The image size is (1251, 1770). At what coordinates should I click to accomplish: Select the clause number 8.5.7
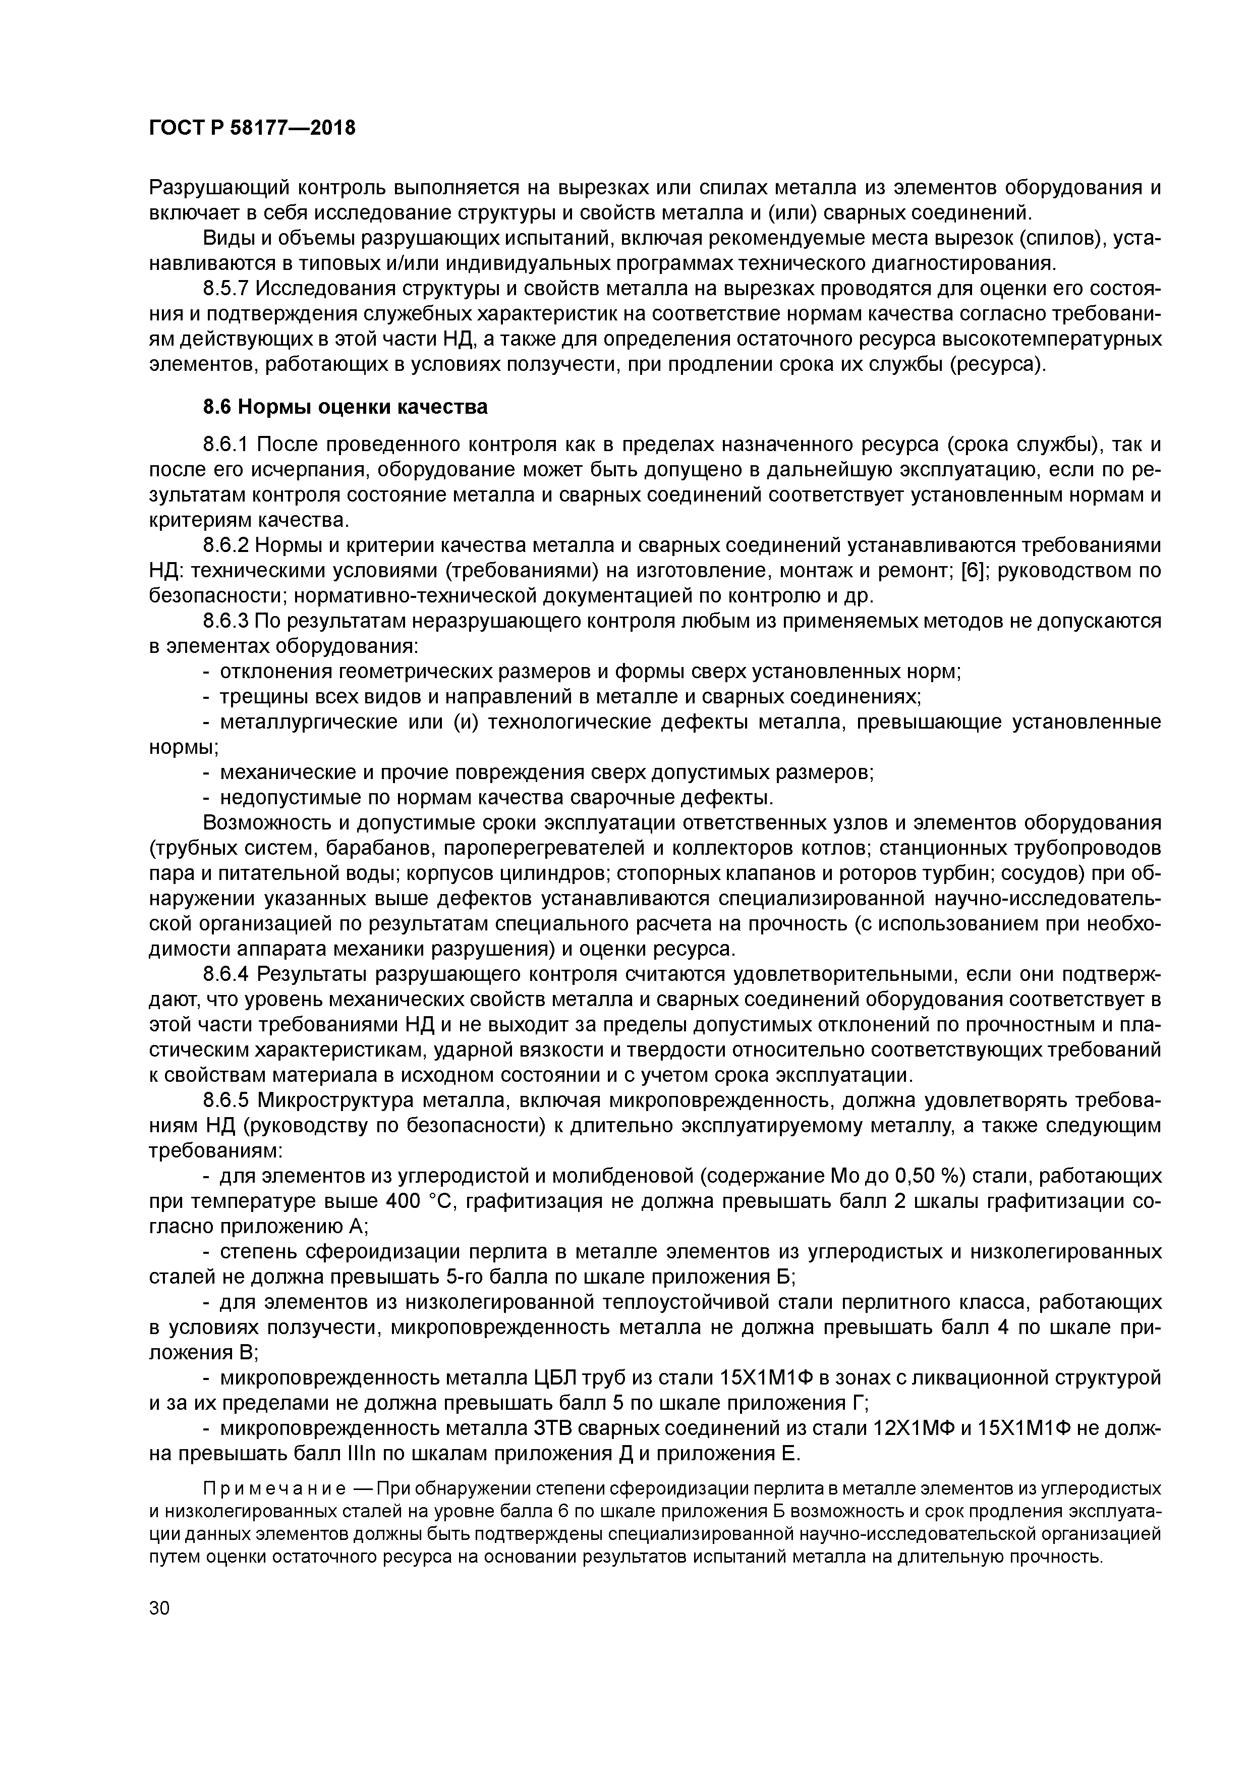click(226, 289)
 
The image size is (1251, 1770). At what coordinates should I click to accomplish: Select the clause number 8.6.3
click(226, 621)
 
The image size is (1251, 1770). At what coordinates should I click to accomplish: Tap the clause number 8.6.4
click(226, 975)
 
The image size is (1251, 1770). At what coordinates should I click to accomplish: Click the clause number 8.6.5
click(226, 1101)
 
